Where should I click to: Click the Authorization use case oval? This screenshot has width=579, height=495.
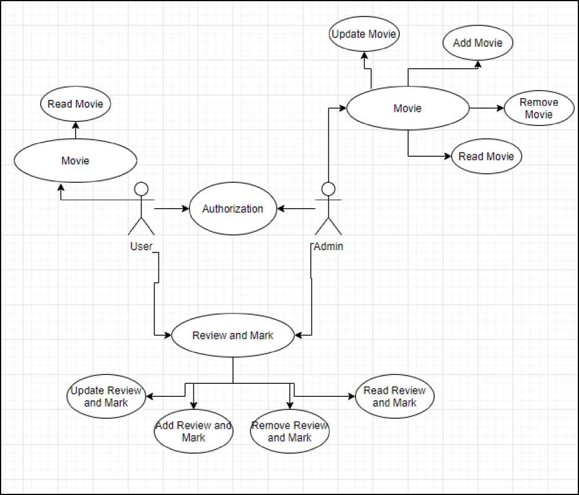click(232, 209)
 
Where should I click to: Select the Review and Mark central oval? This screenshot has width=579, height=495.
click(232, 335)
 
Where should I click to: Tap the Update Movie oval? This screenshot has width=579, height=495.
click(364, 34)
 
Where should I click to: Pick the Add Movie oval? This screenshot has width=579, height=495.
click(478, 43)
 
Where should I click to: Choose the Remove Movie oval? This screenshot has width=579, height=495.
click(539, 108)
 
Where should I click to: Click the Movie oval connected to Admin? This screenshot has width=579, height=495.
click(407, 108)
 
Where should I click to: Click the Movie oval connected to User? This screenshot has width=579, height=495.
click(75, 161)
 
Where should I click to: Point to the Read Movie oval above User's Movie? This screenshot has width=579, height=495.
click(75, 103)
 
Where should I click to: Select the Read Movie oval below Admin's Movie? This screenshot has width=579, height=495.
click(486, 156)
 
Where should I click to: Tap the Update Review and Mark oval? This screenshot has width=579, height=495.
click(106, 396)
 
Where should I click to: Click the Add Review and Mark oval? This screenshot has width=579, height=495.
click(193, 431)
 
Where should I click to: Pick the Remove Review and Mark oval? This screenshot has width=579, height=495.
click(290, 431)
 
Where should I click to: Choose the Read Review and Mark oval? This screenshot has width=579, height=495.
click(394, 396)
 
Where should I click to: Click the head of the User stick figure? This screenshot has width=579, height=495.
click(141, 189)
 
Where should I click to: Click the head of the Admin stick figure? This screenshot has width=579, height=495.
click(328, 189)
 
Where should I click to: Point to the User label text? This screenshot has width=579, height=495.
click(141, 246)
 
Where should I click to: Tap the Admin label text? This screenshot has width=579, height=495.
click(328, 246)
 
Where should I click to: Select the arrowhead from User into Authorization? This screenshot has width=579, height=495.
click(186, 209)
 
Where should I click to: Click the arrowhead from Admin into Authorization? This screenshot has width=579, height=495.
click(280, 209)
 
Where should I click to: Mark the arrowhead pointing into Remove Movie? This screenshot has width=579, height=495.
click(501, 108)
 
